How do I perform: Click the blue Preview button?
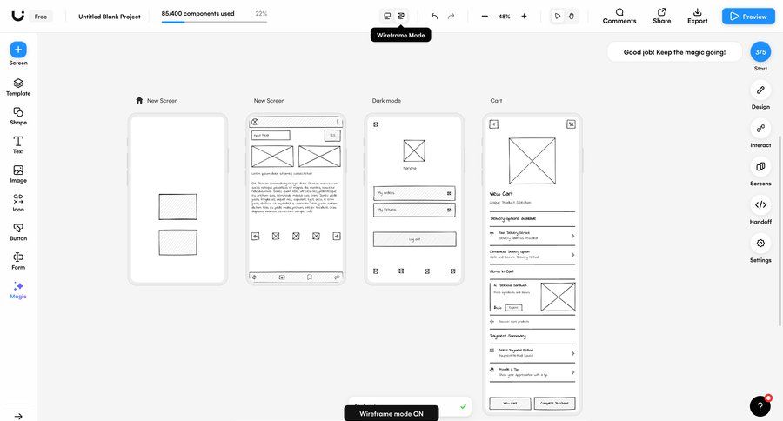click(x=748, y=16)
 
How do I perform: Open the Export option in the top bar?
click(x=697, y=16)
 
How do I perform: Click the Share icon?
click(x=662, y=16)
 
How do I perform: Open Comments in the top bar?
click(x=619, y=16)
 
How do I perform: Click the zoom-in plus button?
click(x=524, y=16)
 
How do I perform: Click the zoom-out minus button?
click(x=485, y=16)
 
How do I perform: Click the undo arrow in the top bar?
click(x=434, y=16)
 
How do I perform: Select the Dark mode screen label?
click(x=386, y=101)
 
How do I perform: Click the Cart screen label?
click(x=496, y=101)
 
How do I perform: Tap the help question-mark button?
click(x=760, y=406)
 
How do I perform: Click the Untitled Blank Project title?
click(x=109, y=17)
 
